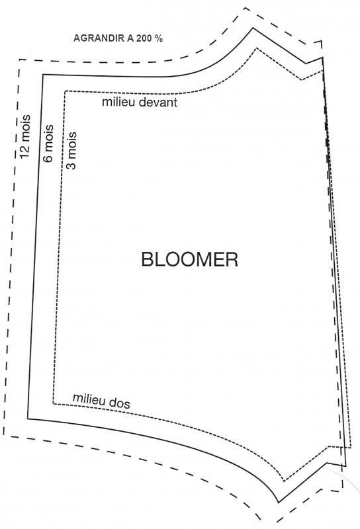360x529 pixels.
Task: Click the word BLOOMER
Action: click(189, 259)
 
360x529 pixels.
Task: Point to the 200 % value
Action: click(150, 38)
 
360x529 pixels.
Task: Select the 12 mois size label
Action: click(25, 136)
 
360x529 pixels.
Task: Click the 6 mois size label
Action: click(48, 143)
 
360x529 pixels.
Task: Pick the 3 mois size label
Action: click(71, 150)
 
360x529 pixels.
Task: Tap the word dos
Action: click(120, 403)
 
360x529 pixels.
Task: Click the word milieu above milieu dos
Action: click(89, 399)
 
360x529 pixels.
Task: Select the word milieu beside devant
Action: click(120, 102)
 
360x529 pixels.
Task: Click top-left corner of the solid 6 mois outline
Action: click(43, 75)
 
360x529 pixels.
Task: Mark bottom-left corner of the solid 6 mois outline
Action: click(28, 419)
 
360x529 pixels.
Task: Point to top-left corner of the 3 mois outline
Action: click(65, 91)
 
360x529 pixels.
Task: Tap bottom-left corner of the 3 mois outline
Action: click(54, 403)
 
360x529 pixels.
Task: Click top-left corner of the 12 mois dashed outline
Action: click(20, 60)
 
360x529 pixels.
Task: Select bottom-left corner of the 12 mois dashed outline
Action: click(4, 435)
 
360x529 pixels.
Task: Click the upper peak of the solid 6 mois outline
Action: click(253, 28)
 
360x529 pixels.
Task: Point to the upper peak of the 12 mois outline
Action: click(244, 7)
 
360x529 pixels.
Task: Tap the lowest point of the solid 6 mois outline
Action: click(279, 503)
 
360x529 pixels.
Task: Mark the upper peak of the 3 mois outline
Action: click(257, 48)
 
